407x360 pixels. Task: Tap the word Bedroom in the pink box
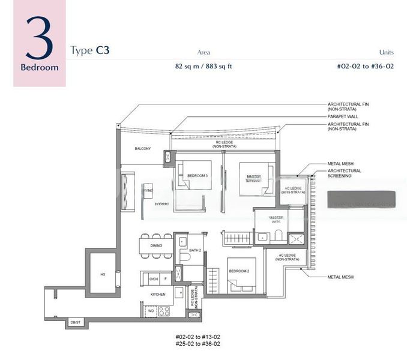[x=40, y=67]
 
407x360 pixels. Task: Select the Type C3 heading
[x=89, y=50]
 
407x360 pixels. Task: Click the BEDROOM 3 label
[x=197, y=175]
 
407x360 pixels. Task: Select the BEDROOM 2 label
[x=238, y=271]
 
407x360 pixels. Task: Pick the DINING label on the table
[x=156, y=245]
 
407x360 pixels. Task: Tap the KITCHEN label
[x=158, y=295]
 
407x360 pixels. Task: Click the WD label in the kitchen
[x=150, y=311]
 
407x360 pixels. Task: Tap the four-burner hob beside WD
[x=164, y=311]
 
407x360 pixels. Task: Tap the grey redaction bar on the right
[x=362, y=199]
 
